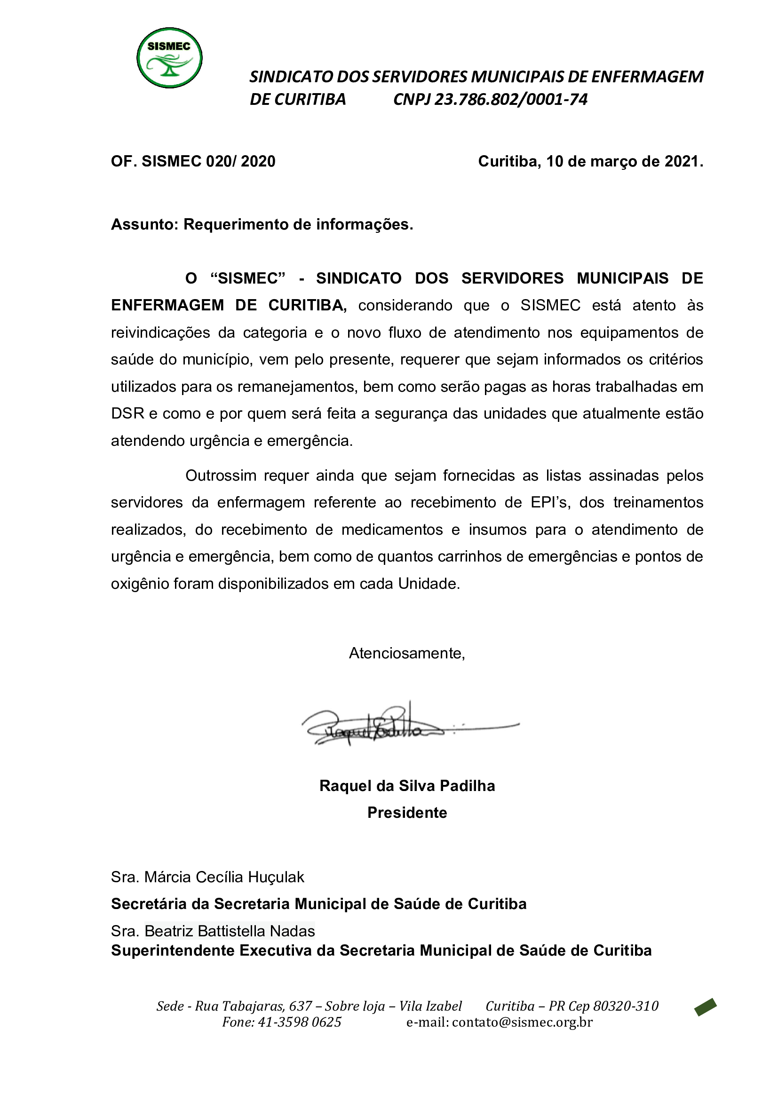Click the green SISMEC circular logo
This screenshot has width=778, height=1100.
pyautogui.click(x=169, y=58)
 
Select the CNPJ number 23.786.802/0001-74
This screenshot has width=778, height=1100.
pyautogui.click(x=510, y=100)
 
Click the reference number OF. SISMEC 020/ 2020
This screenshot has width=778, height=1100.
pyautogui.click(x=193, y=161)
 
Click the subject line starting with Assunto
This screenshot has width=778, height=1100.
pyautogui.click(x=262, y=224)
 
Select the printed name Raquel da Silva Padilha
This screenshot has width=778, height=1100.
pyautogui.click(x=407, y=786)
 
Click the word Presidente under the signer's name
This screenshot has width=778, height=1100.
pyautogui.click(x=407, y=813)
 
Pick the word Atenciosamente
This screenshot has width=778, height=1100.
pyautogui.click(x=407, y=653)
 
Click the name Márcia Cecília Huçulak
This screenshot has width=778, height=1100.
pyautogui.click(x=224, y=877)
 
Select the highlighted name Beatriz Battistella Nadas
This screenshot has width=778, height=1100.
pyautogui.click(x=230, y=931)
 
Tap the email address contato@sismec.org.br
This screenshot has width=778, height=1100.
pyautogui.click(x=522, y=1022)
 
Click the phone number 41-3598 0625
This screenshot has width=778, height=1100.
pyautogui.click(x=300, y=1022)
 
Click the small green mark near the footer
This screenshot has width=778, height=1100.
pyautogui.click(x=705, y=1006)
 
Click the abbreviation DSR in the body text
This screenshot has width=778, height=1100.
pyautogui.click(x=127, y=413)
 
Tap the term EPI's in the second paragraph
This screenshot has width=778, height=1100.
pyautogui.click(x=550, y=502)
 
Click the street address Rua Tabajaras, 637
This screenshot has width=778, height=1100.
pyautogui.click(x=254, y=1006)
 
